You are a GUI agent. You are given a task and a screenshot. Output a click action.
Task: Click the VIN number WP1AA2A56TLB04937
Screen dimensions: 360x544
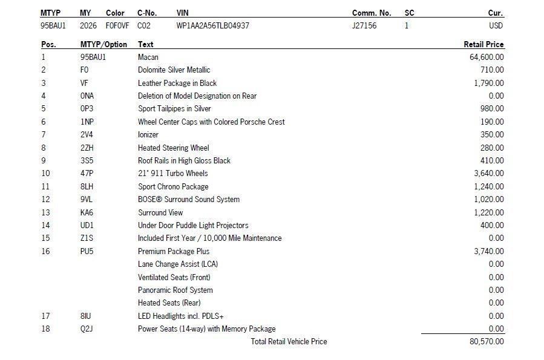[x=212, y=25]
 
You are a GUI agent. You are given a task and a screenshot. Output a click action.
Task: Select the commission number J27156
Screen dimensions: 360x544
[x=364, y=25]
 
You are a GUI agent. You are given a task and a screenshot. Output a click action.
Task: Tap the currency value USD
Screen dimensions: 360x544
[x=496, y=25]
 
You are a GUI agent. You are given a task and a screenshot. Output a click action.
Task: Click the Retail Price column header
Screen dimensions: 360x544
[x=483, y=44]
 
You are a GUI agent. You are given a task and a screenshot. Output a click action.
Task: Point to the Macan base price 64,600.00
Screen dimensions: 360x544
[x=487, y=57]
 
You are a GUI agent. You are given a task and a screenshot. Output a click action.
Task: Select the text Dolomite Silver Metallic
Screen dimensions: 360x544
[x=174, y=70]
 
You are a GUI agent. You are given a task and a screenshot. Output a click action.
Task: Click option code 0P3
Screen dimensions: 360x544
[x=87, y=108]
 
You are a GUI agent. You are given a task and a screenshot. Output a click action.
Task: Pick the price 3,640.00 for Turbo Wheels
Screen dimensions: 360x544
[x=489, y=173]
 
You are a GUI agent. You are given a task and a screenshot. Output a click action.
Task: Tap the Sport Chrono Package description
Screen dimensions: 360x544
[x=173, y=186]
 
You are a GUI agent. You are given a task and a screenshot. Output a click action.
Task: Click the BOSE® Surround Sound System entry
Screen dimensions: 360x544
[x=189, y=199]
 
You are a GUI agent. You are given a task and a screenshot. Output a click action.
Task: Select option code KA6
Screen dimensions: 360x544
[x=87, y=212]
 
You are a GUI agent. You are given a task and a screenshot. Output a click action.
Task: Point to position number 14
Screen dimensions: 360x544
[x=45, y=225]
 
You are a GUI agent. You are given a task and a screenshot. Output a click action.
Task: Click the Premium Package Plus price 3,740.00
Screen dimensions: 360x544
[x=489, y=251]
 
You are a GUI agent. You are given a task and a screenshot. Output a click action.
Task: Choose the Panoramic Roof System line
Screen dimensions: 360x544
[x=175, y=290]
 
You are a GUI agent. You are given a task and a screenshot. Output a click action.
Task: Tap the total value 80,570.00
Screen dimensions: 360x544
[x=487, y=341]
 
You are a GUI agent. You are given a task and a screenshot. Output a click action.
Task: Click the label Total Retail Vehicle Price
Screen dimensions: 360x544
[x=289, y=341]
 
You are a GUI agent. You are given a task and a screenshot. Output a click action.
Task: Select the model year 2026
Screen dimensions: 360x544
[x=88, y=25]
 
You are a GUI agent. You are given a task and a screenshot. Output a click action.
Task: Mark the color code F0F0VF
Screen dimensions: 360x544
[x=117, y=25]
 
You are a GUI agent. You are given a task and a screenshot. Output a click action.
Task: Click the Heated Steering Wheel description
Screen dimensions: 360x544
[x=174, y=148]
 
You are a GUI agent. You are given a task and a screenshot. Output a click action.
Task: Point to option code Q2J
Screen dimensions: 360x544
[x=87, y=329]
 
